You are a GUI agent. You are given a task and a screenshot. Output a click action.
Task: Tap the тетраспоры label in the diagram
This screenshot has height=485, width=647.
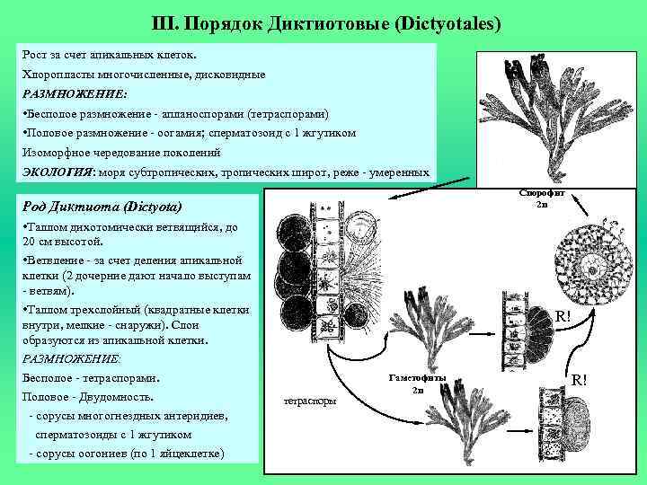(309, 401)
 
